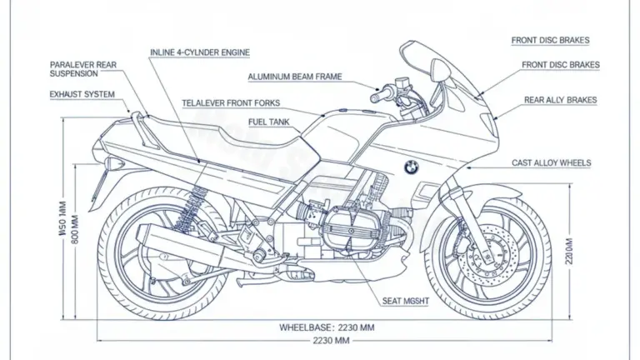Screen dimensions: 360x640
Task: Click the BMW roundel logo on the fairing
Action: pos(411,167)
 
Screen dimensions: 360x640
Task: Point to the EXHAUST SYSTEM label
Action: pos(82,95)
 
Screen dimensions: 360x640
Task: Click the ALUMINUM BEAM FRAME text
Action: pos(294,77)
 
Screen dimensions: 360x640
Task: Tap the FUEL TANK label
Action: pos(269,122)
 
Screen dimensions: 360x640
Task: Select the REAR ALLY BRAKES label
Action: pos(560,100)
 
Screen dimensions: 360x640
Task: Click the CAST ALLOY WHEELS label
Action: pos(552,163)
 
